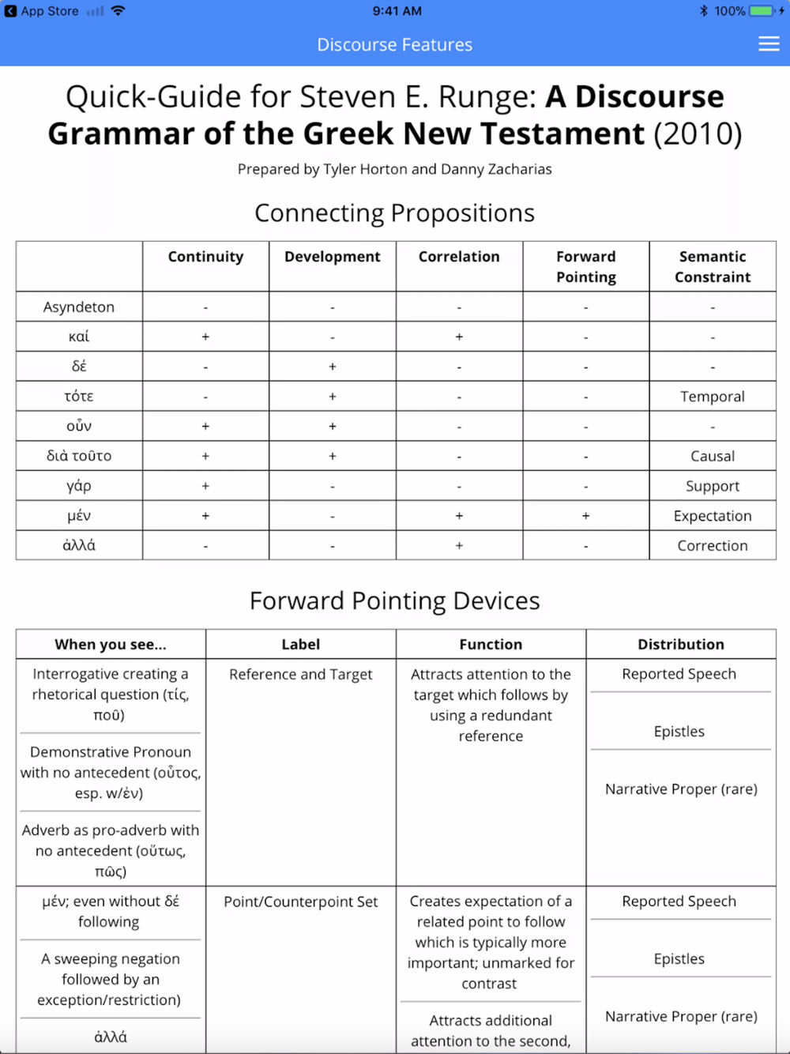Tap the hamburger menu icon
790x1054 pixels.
point(769,44)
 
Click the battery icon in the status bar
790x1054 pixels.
point(762,11)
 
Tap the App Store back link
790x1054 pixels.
point(43,11)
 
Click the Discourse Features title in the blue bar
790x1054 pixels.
point(395,45)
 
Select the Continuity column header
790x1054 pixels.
point(205,257)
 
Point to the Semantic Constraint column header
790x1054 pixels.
point(713,266)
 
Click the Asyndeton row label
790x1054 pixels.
point(79,307)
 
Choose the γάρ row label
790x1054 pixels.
point(79,486)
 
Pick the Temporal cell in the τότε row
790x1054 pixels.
point(713,397)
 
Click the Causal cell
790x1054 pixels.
point(713,456)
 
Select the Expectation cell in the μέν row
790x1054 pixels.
point(713,516)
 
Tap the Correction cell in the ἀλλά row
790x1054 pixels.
point(713,546)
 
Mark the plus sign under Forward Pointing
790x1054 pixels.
point(585,516)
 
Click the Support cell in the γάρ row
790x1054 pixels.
point(713,486)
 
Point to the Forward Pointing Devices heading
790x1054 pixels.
point(395,600)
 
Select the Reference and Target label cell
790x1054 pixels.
point(301,675)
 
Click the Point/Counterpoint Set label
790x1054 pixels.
point(301,902)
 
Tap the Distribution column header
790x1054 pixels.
point(681,645)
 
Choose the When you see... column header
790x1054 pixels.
point(111,645)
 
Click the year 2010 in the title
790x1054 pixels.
point(698,134)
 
